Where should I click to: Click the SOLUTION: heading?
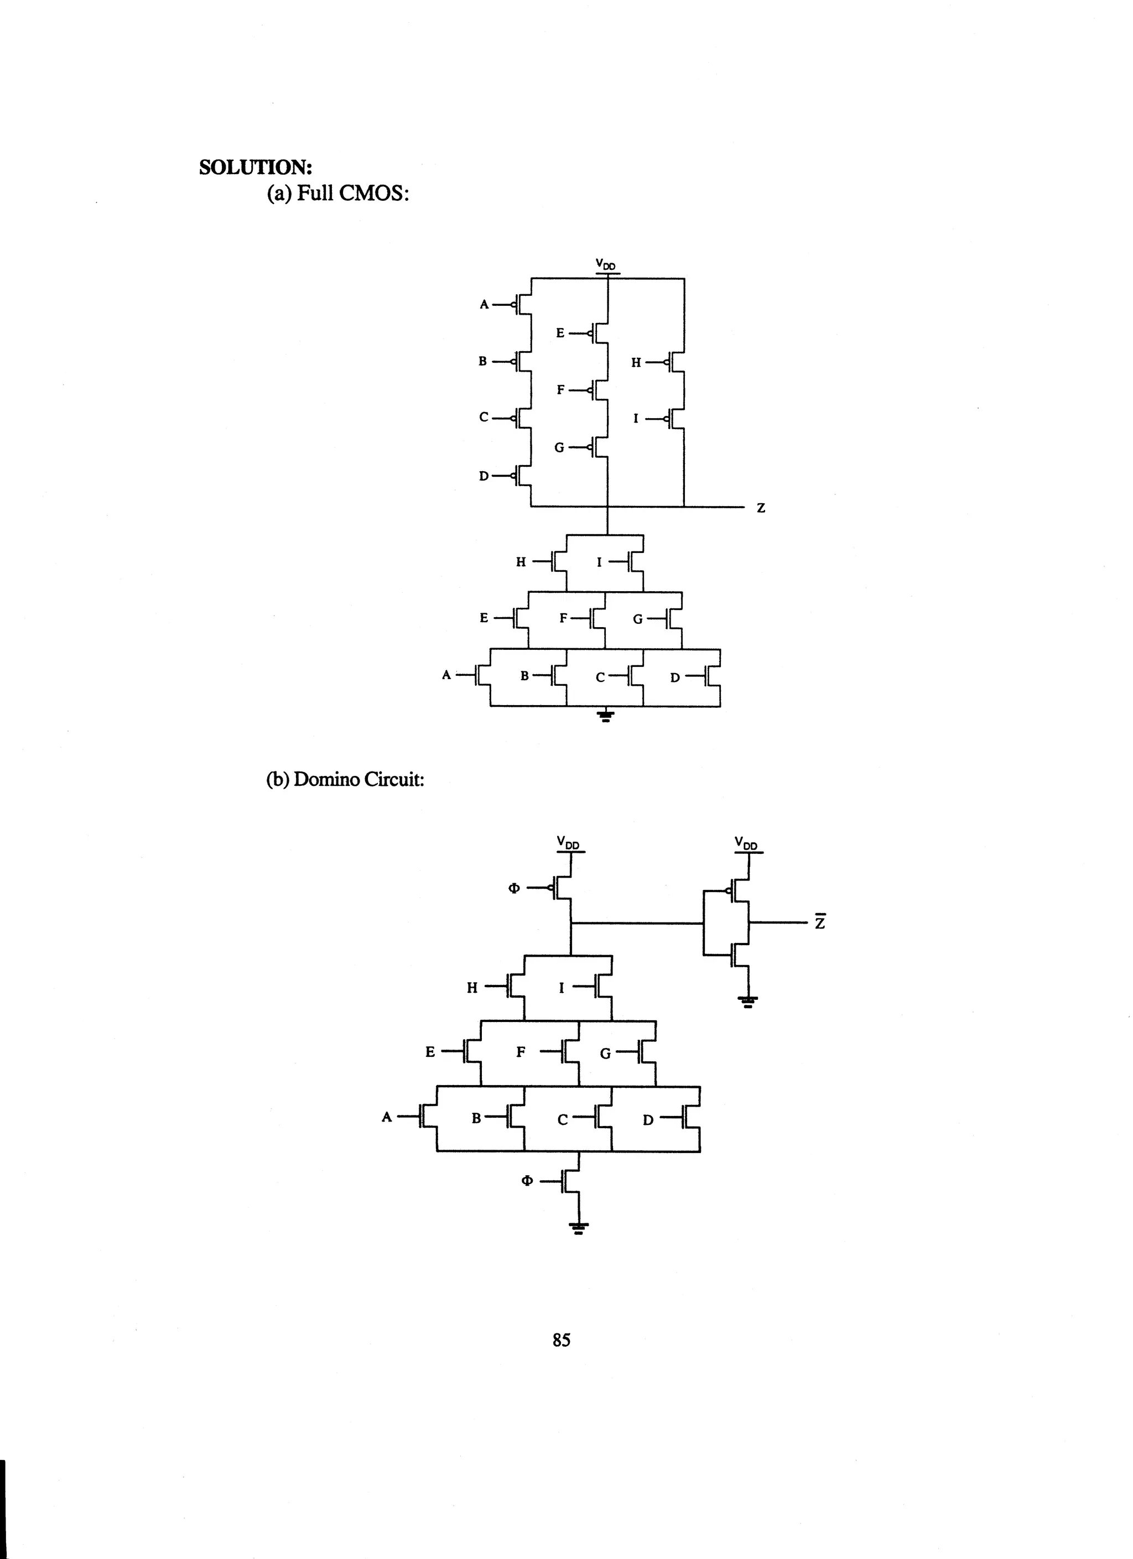pyautogui.click(x=255, y=167)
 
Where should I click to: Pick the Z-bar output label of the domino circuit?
pyautogui.click(x=819, y=922)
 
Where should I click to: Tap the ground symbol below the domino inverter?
pyautogui.click(x=749, y=1002)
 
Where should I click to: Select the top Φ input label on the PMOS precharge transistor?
pyautogui.click(x=513, y=888)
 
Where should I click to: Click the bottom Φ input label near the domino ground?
pyautogui.click(x=527, y=1181)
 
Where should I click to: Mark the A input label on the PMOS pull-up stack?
pyautogui.click(x=484, y=304)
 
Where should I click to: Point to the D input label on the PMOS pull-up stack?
pyautogui.click(x=484, y=476)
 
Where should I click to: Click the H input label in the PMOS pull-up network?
pyautogui.click(x=636, y=362)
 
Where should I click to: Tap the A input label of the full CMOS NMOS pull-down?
pyautogui.click(x=446, y=675)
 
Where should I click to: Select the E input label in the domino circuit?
pyautogui.click(x=430, y=1052)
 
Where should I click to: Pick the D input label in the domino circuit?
pyautogui.click(x=648, y=1120)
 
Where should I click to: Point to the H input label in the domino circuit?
pyautogui.click(x=472, y=988)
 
